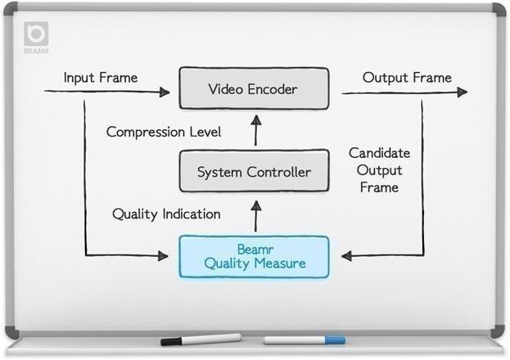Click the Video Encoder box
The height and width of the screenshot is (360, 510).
pos(255,88)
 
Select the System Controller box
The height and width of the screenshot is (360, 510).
pos(255,172)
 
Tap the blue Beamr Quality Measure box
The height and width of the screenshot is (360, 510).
pos(255,256)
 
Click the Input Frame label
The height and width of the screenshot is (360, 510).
pos(101,78)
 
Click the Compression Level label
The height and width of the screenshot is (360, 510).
pos(164,131)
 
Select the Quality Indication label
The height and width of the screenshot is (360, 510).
pos(166,214)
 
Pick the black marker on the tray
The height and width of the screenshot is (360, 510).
pos(201,339)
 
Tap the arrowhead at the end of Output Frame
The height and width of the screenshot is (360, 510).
pos(465,92)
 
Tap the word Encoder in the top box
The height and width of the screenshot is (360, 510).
pos(277,88)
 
